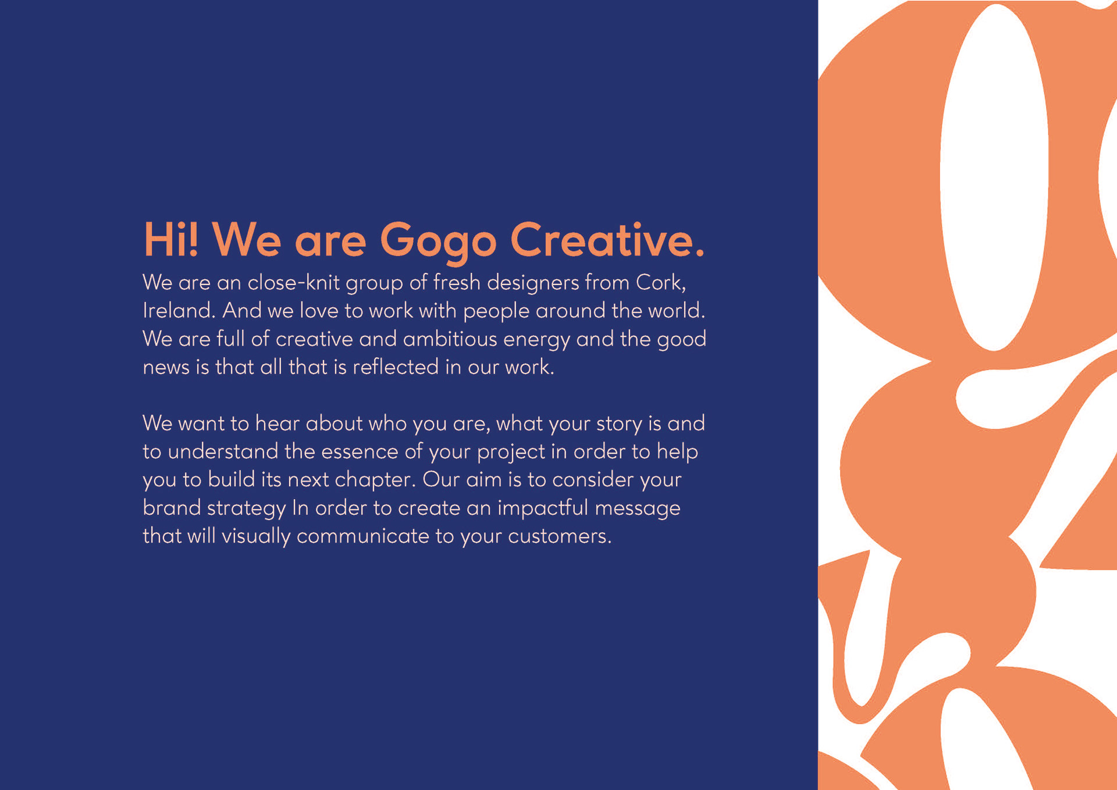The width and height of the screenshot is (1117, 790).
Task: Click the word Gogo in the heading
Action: (438, 241)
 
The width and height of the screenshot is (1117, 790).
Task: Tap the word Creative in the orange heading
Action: (607, 239)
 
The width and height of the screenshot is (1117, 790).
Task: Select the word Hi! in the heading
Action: (171, 239)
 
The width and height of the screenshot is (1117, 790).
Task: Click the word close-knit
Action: (294, 282)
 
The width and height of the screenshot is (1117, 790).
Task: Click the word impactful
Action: (543, 508)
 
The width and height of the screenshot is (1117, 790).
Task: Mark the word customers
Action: (560, 536)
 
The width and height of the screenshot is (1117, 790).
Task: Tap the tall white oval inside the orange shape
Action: (994, 177)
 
